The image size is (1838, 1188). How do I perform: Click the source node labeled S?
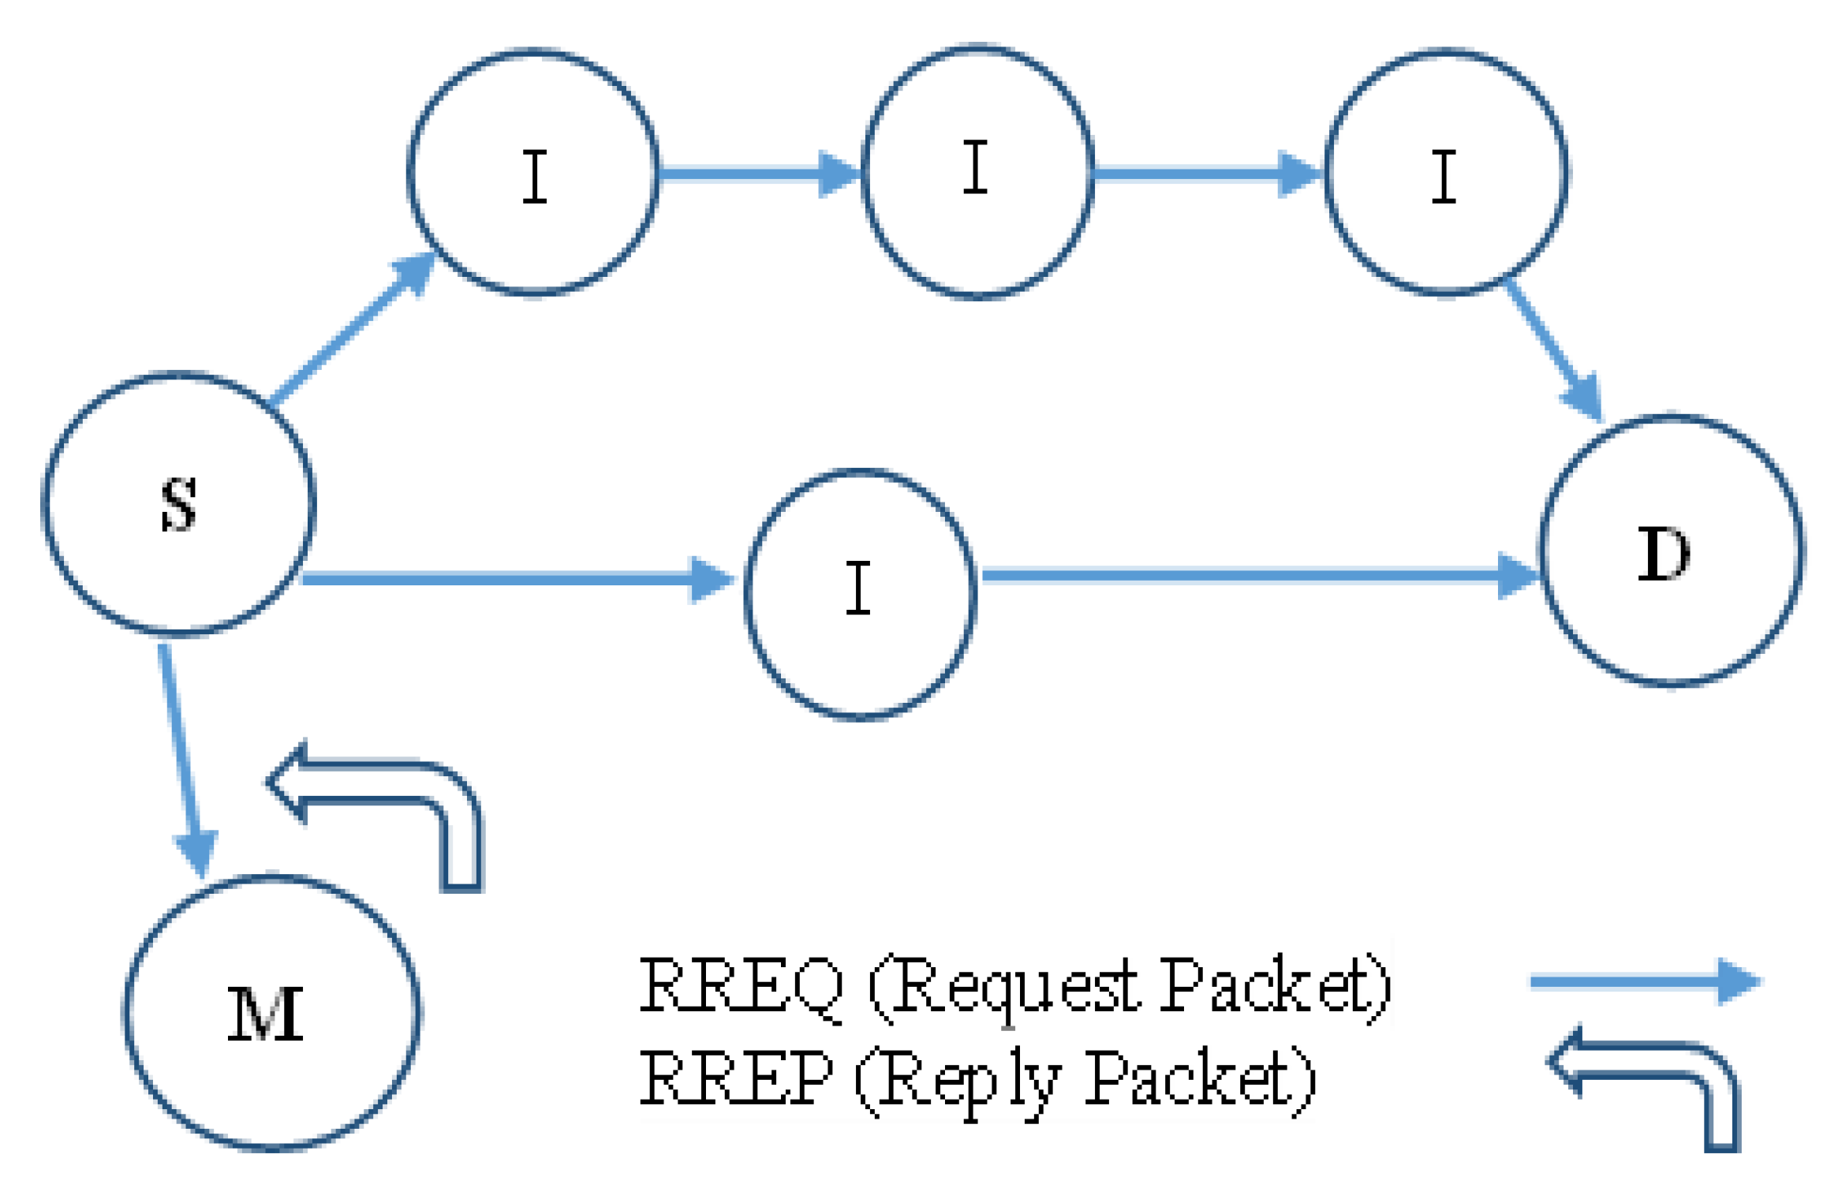(x=179, y=503)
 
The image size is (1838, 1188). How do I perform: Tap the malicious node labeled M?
(x=271, y=1012)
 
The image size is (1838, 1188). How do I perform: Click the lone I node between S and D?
(x=860, y=594)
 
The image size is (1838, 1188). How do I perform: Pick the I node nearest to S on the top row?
(x=533, y=173)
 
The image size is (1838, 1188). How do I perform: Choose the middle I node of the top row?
(x=978, y=171)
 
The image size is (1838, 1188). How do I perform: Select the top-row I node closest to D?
(x=1446, y=173)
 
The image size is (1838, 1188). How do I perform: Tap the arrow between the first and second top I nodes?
(x=757, y=174)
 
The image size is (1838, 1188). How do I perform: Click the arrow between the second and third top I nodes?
(x=1207, y=174)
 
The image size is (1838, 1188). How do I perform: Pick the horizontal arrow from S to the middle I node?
(x=513, y=580)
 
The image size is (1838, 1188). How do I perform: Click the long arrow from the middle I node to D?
(x=1254, y=576)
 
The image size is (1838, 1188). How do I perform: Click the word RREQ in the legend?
(x=740, y=985)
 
